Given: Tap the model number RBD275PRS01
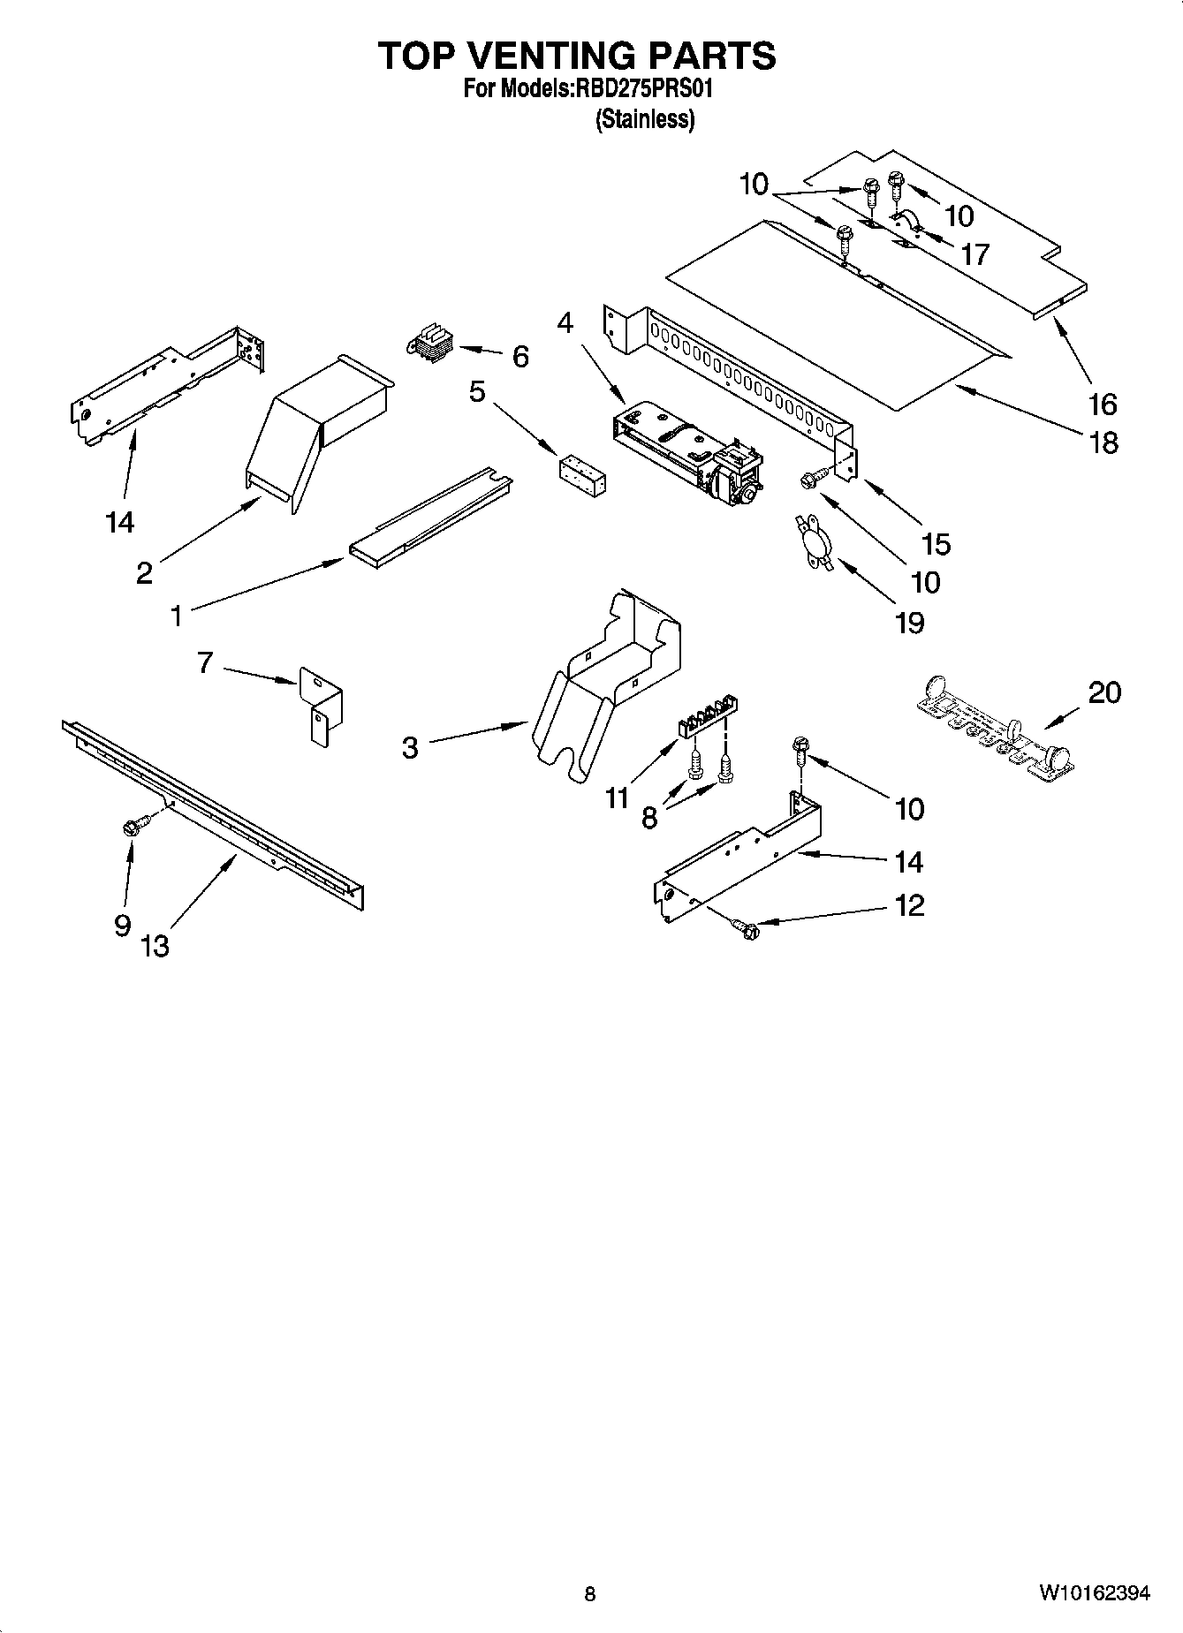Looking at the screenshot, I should [644, 89].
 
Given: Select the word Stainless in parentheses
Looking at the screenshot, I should [644, 119].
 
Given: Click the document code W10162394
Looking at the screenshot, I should [1094, 1593].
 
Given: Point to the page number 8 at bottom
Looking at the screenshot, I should [590, 1594].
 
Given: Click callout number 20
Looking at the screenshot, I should [1103, 692].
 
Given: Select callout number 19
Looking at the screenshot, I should [909, 623].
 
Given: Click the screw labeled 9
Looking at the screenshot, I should [135, 827].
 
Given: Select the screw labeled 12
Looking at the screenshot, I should [747, 928].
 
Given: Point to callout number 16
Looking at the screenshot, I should [1103, 404].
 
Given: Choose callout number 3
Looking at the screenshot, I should [410, 748].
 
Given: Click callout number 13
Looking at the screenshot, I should [155, 946].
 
